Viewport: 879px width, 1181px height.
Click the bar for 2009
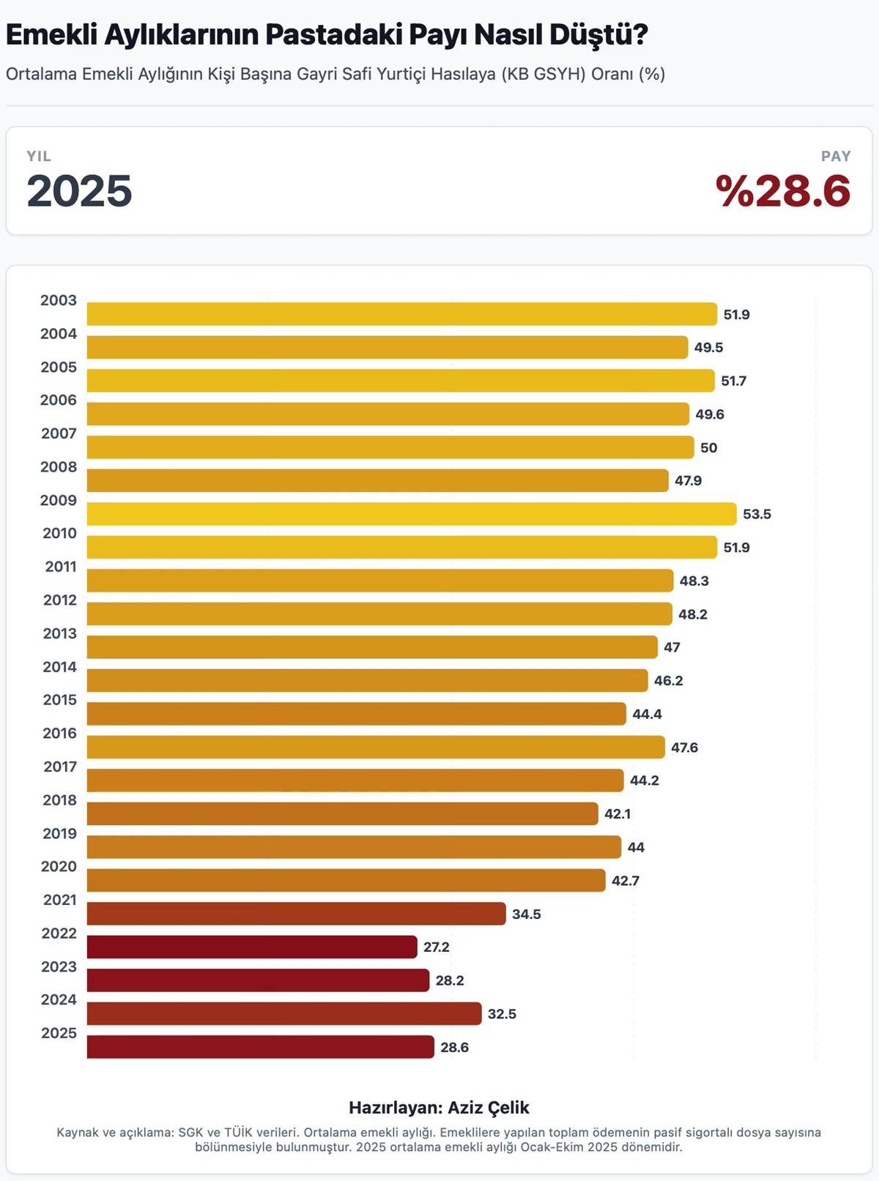point(411,514)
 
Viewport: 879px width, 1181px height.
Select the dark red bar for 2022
point(252,947)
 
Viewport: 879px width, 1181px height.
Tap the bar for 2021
point(296,914)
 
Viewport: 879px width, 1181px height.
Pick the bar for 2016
point(376,747)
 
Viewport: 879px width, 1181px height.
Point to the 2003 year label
point(59,300)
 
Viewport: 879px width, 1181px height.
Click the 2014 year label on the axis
point(59,667)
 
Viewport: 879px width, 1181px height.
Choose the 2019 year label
point(59,833)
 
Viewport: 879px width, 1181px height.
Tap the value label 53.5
point(757,514)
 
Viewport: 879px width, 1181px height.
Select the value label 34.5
point(526,914)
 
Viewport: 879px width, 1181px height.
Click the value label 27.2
point(436,947)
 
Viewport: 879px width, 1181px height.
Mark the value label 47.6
point(684,747)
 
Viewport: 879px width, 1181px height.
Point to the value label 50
point(708,447)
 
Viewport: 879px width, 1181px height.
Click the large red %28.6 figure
point(782,192)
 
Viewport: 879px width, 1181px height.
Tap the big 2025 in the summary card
point(79,192)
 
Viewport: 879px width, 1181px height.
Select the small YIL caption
point(39,156)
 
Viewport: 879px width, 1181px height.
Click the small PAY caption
point(836,156)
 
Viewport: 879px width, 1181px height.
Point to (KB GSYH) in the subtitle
point(544,74)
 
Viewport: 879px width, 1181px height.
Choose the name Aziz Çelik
point(488,1107)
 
